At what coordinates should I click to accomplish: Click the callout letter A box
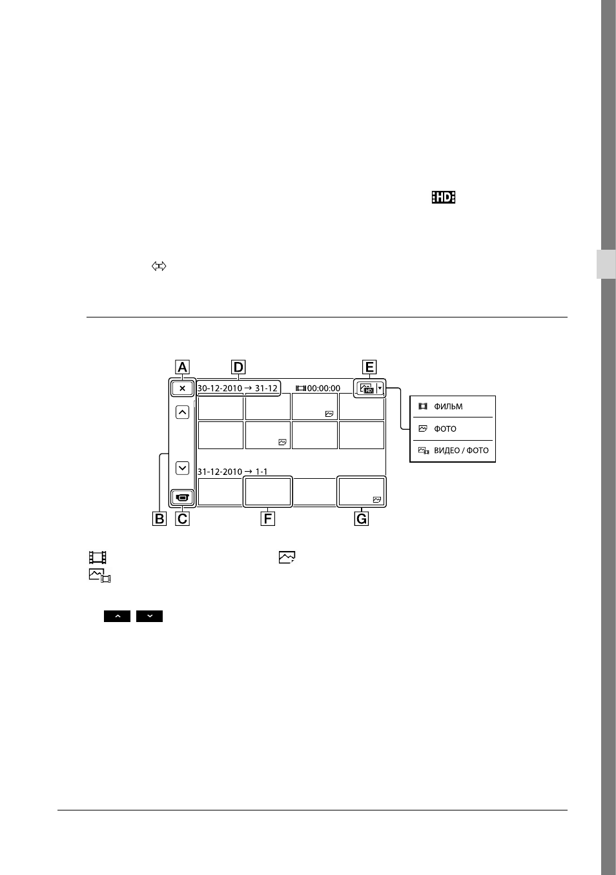click(x=182, y=367)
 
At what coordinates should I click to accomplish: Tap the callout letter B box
click(x=159, y=519)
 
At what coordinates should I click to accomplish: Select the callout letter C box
click(x=183, y=519)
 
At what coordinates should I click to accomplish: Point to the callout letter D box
click(x=238, y=367)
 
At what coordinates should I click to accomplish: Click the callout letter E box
click(x=369, y=367)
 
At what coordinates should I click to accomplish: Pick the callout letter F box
click(x=268, y=519)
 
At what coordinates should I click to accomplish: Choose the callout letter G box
click(x=362, y=519)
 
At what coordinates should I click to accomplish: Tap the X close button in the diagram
click(x=182, y=388)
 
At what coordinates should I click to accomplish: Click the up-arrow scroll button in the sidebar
click(x=183, y=412)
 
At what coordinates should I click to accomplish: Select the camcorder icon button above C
click(x=182, y=498)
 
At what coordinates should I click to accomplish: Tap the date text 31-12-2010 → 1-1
click(x=232, y=472)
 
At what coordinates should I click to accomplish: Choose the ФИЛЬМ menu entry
click(x=440, y=407)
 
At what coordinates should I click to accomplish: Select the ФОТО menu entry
click(x=437, y=428)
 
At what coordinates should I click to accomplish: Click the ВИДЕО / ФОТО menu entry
click(x=453, y=450)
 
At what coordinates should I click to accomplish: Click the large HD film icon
click(x=443, y=197)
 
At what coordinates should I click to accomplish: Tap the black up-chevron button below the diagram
click(x=118, y=616)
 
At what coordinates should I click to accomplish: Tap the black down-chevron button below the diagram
click(x=149, y=616)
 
